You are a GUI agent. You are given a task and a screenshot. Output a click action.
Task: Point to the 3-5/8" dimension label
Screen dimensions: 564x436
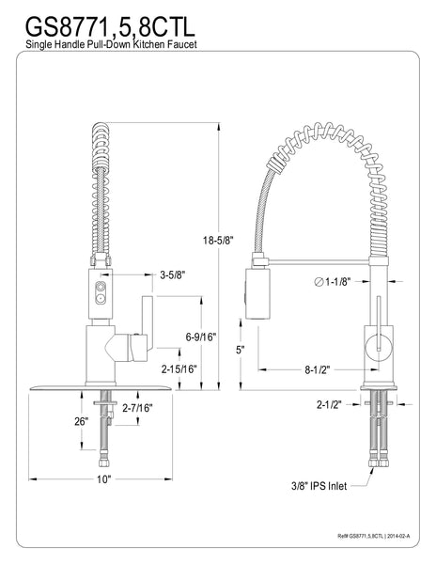172,275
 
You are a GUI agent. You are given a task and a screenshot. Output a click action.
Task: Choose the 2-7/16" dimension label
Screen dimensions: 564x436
139,407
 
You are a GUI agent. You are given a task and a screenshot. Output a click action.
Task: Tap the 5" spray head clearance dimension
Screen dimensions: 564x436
240,350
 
